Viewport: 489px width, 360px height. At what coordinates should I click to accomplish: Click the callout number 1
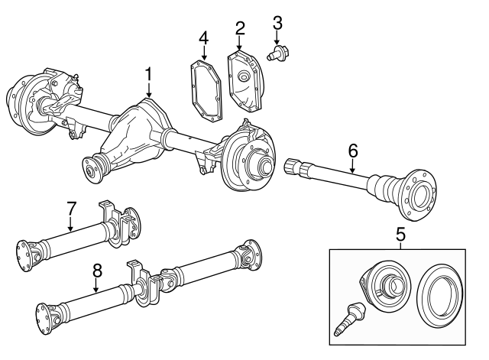tap(148, 74)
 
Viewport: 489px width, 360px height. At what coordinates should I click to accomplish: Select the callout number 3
tap(277, 24)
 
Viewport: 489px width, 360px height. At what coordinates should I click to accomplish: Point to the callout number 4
tap(204, 38)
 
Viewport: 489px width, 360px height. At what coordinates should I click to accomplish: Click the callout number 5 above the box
tap(400, 234)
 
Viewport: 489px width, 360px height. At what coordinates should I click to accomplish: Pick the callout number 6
tap(353, 151)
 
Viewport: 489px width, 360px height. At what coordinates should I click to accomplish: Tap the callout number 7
tap(71, 209)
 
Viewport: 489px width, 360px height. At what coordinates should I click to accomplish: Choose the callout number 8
tap(97, 271)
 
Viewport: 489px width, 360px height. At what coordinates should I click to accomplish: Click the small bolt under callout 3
tap(277, 53)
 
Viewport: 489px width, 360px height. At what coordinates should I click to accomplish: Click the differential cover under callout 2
tap(245, 82)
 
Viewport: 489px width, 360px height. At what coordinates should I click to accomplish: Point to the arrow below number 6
tap(353, 166)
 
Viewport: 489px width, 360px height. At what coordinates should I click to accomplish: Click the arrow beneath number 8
tap(97, 285)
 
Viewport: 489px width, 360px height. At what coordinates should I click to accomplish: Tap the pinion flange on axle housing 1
tap(90, 171)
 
